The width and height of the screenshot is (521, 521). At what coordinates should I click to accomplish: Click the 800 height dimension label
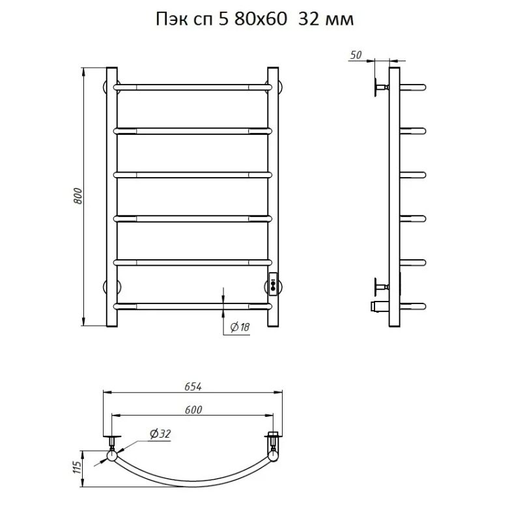point(77,196)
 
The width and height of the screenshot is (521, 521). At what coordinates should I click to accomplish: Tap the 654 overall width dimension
point(193,387)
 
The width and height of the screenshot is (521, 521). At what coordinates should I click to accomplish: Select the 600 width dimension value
point(193,410)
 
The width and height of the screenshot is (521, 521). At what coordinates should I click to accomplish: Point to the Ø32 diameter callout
point(160,434)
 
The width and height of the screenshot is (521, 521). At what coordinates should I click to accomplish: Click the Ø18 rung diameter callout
point(240,328)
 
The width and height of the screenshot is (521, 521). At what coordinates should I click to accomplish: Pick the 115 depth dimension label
point(77,468)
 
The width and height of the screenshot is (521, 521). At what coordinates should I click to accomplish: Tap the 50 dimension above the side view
point(356,55)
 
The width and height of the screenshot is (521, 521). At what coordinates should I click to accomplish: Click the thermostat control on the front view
point(273,283)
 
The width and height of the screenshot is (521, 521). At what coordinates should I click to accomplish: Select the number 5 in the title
point(223,20)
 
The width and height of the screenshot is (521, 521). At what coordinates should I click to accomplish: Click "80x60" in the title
point(260,20)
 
